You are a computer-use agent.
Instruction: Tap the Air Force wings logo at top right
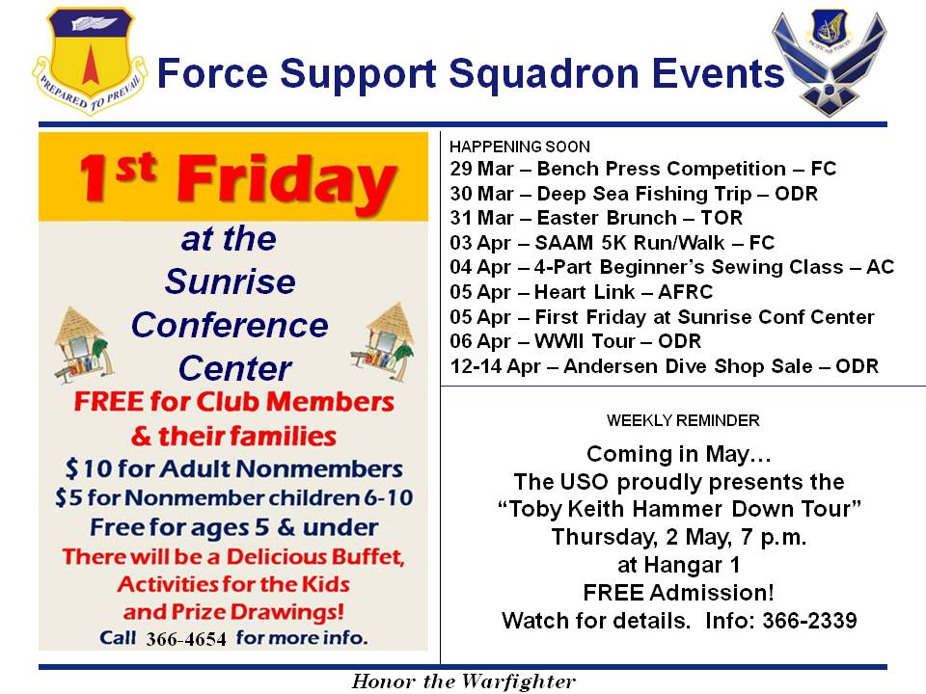click(829, 64)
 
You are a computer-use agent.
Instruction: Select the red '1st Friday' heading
click(234, 178)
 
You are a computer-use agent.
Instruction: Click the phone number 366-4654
click(186, 639)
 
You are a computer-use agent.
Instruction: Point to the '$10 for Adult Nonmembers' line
click(233, 469)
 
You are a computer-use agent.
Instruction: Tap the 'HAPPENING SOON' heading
click(519, 147)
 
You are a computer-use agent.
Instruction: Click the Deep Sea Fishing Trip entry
click(634, 194)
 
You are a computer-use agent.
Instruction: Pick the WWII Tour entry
click(575, 341)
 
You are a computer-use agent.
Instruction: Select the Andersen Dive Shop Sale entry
click(665, 366)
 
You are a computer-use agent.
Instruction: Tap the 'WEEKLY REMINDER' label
click(682, 421)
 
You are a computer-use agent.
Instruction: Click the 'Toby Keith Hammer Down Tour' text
click(680, 509)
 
